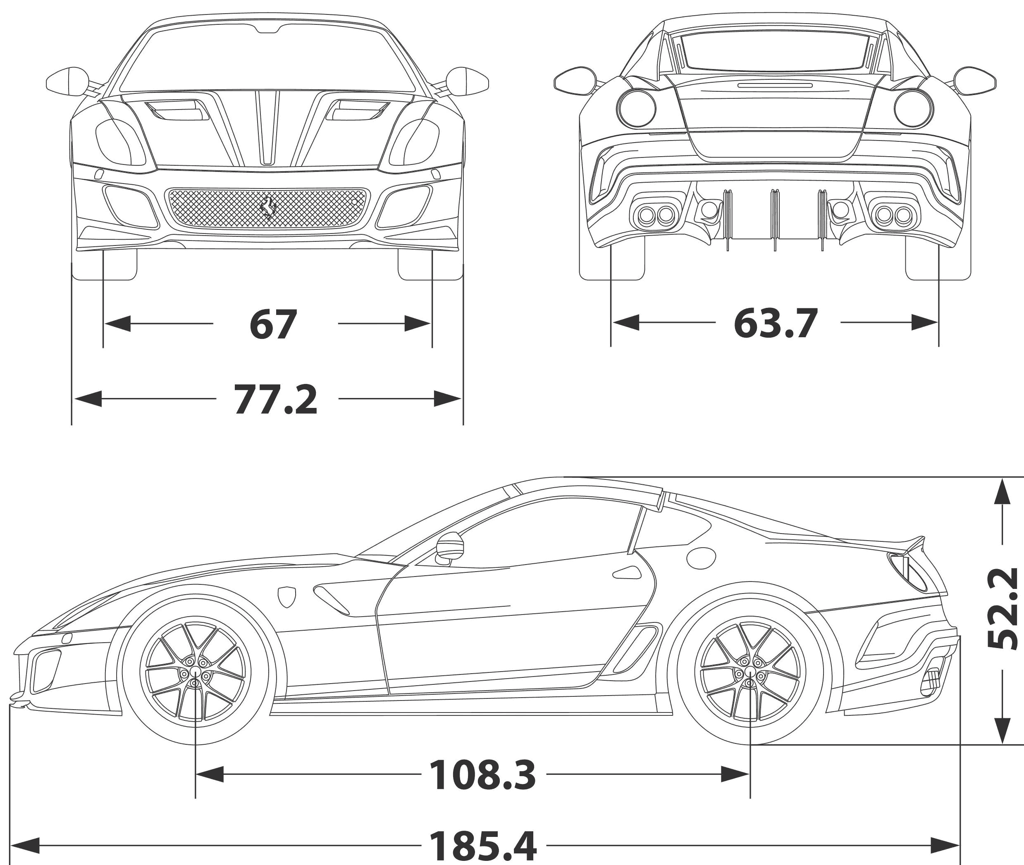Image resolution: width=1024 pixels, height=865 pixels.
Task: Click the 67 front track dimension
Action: coord(273,324)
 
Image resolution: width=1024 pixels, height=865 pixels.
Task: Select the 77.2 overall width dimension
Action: coord(276,399)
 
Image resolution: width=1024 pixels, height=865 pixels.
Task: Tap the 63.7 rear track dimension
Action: coord(776,323)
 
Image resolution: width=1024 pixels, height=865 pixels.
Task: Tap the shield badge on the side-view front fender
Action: coord(287,597)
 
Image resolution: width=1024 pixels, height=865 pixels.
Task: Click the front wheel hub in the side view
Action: coord(195,675)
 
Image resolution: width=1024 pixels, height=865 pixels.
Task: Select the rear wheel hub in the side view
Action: coord(750,675)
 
